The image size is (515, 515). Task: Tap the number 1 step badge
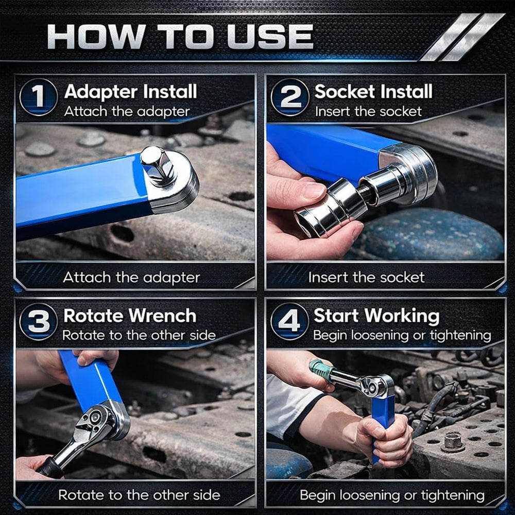pos(38,97)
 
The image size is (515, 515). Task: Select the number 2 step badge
pos(289,97)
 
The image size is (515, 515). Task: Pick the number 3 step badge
pos(38,321)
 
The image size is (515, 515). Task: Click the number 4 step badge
pos(289,321)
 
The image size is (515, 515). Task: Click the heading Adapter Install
pos(130,92)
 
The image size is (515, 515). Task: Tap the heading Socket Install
pos(373,92)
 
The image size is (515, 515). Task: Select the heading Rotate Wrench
pos(130,316)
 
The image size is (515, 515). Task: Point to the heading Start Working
pos(376,316)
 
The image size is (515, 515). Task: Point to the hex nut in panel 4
pos(453,442)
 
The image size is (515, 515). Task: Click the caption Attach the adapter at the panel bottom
pos(131,278)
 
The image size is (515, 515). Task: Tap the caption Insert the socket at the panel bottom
pos(366,278)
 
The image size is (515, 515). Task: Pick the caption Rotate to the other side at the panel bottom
pos(139,495)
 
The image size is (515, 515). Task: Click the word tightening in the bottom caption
pos(452,495)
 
